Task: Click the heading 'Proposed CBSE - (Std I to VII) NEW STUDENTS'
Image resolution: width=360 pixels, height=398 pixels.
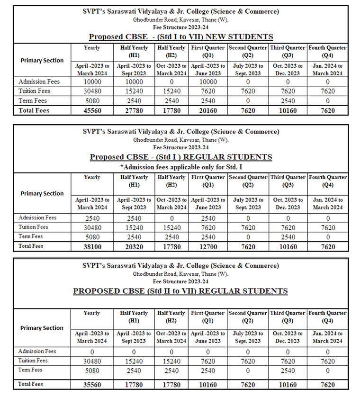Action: pos(180,36)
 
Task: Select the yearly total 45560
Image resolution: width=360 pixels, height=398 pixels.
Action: pos(91,110)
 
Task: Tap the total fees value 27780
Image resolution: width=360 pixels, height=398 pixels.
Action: pos(134,110)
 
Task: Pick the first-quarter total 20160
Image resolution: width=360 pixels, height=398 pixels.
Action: pos(207,110)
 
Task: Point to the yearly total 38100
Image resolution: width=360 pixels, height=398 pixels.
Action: pos(91,246)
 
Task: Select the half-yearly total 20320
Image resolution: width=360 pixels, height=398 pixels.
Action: pos(134,246)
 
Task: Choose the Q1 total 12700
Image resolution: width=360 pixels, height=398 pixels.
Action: pos(207,246)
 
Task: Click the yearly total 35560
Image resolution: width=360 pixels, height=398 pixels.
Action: pos(91,385)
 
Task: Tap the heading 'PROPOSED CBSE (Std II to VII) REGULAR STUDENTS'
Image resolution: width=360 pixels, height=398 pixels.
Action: pos(180,291)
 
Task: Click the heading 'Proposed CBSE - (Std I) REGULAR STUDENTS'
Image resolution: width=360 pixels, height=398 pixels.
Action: pos(181,157)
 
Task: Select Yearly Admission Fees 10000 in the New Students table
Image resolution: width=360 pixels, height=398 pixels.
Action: pos(91,81)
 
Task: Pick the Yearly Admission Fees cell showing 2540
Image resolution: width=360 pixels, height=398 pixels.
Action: pos(91,218)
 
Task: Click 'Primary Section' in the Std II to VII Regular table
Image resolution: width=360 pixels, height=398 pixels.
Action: pos(42,328)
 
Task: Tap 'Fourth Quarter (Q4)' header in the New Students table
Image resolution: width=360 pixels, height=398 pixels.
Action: pos(327,51)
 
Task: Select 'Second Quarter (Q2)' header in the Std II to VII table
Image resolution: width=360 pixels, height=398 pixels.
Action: pos(248,317)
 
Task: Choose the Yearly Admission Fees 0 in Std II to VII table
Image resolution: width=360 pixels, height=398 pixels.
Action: pos(91,352)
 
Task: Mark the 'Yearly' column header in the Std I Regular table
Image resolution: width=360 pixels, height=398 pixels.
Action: pos(91,177)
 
